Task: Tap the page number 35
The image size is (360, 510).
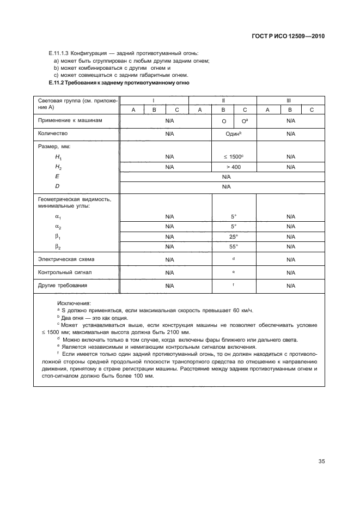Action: pos(321,462)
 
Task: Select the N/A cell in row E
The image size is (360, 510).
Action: pos(222,177)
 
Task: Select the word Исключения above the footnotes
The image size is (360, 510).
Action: pos(74,303)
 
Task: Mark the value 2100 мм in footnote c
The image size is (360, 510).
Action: pos(177,332)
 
